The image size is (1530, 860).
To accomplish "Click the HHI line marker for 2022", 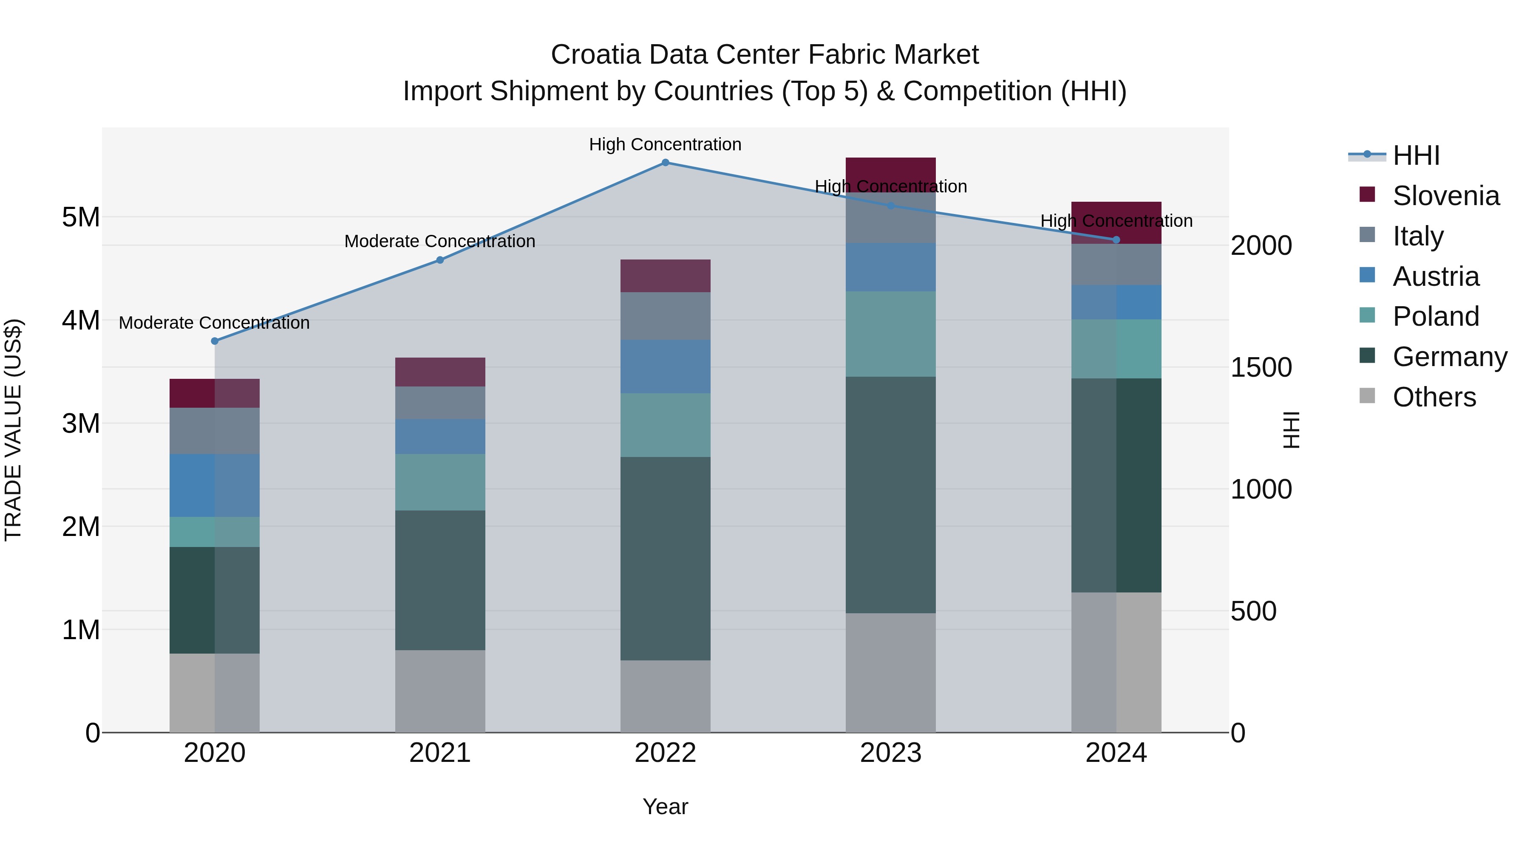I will [665, 163].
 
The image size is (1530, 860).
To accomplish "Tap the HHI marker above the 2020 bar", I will [215, 341].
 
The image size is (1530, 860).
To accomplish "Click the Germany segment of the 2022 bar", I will [665, 558].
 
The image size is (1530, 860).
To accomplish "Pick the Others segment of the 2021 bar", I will [440, 691].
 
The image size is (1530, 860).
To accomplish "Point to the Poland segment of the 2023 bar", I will [890, 333].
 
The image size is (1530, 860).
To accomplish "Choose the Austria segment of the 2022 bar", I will [665, 366].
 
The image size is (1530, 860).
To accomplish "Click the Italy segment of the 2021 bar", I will [440, 403].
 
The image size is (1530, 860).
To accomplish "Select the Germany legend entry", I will [1449, 357].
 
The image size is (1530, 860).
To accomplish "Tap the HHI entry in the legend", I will [1416, 155].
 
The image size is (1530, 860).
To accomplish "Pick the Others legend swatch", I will [1367, 396].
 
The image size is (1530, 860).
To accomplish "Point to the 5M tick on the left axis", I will [81, 217].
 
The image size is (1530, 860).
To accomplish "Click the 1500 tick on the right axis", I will [1261, 367].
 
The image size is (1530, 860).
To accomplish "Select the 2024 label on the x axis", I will [1116, 753].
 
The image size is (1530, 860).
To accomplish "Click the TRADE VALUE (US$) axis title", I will [13, 430].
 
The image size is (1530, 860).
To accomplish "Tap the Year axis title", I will [665, 806].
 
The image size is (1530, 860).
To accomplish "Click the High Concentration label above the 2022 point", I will [665, 144].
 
